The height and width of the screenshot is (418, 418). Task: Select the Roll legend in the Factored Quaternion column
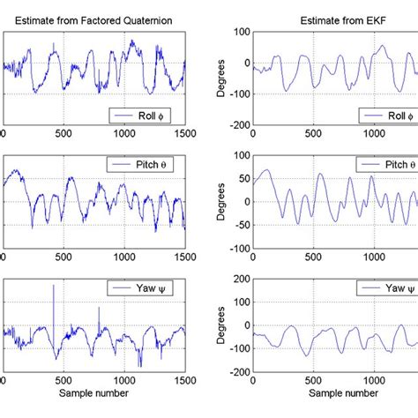coord(146,115)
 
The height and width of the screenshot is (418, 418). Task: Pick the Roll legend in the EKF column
coord(384,115)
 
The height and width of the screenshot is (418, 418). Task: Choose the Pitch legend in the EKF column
coord(383,165)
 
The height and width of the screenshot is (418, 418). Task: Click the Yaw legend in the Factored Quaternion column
coord(146,288)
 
